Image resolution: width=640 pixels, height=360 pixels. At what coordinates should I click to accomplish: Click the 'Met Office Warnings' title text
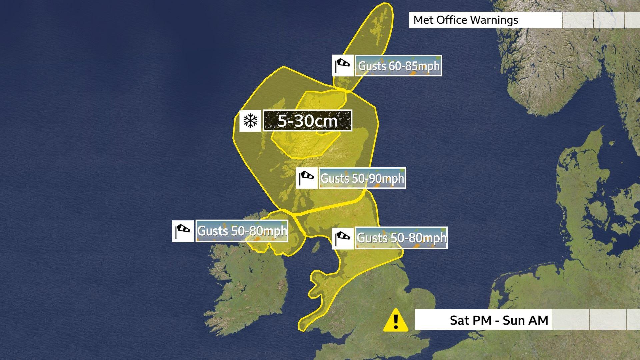(x=465, y=20)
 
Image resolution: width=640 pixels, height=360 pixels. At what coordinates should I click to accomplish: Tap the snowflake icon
(x=250, y=121)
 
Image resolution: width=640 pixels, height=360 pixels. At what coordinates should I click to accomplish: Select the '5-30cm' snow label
(x=308, y=121)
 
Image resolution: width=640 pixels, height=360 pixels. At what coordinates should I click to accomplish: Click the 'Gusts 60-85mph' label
(x=399, y=66)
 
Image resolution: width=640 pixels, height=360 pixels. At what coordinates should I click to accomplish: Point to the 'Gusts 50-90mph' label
(x=362, y=178)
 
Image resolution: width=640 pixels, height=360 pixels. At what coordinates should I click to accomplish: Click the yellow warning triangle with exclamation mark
(x=396, y=320)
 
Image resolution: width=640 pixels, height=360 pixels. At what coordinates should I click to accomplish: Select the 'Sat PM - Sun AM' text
(x=499, y=320)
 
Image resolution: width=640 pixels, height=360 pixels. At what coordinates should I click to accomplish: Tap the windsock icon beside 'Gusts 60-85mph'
(x=343, y=66)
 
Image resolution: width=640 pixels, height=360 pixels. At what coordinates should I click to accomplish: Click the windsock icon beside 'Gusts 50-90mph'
(x=307, y=178)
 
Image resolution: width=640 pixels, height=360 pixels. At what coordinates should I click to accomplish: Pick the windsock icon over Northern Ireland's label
(x=183, y=231)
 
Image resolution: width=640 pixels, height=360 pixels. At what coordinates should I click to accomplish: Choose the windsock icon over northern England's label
(x=343, y=238)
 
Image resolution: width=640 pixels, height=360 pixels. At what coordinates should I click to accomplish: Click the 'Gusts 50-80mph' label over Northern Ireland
(x=242, y=231)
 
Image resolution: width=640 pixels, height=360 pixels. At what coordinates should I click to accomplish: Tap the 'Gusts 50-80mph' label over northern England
(x=401, y=238)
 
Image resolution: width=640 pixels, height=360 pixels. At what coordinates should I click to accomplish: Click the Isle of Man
(x=315, y=247)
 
